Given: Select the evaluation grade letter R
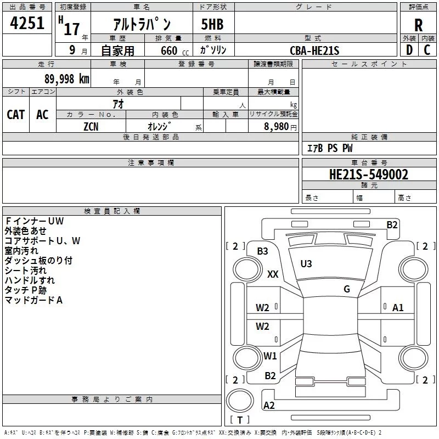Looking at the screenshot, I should tap(418, 25).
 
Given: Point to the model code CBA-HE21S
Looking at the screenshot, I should tap(315, 50).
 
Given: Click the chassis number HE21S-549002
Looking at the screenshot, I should tap(368, 175).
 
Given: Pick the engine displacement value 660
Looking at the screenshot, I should tap(168, 50).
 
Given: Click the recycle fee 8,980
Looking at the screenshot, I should tap(276, 126).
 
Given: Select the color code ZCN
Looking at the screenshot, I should tap(91, 126).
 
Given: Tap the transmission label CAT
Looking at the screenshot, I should tap(16, 114).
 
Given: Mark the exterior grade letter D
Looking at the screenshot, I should tap(409, 50).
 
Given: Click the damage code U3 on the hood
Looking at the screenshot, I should tap(306, 264).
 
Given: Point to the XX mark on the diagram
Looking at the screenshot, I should tap(273, 274).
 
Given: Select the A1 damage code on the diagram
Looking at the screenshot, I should tap(398, 308).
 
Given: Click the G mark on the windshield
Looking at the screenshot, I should tap(347, 289).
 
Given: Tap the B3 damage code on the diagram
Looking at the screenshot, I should tap(262, 251).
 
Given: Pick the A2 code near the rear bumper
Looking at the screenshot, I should tap(269, 406).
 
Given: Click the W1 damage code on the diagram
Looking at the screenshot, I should tap(269, 356).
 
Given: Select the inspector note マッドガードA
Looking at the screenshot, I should tap(33, 300).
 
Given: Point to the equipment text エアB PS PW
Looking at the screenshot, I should tap(329, 148).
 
